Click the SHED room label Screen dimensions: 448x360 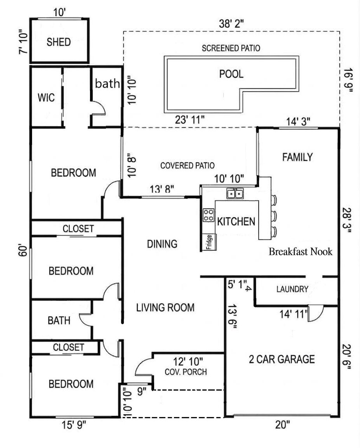point(59,42)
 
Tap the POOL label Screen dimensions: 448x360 point(231,74)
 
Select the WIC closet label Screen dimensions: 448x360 point(46,97)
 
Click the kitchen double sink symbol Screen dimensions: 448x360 point(235,193)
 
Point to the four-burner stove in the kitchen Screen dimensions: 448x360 point(208,215)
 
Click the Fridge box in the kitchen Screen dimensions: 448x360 point(209,242)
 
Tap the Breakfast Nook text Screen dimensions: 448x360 point(300,252)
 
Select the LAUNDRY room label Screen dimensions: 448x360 point(292,289)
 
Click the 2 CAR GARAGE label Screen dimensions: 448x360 point(282,359)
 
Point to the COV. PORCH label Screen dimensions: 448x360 point(186,372)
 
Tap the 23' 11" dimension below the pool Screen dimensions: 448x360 point(190,120)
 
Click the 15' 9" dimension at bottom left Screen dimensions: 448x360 point(74,425)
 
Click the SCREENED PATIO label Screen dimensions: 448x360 point(231,48)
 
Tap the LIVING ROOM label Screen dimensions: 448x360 point(165,308)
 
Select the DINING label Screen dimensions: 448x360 point(162,244)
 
